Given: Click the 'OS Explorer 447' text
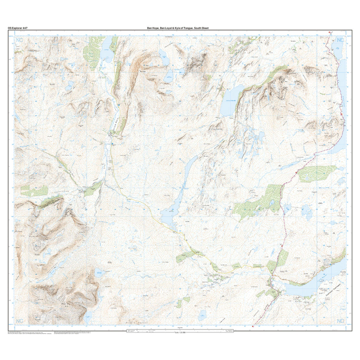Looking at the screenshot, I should (x=18, y=28).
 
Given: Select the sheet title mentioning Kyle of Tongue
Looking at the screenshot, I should (x=178, y=28).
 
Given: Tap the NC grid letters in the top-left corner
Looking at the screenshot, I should (x=19, y=41).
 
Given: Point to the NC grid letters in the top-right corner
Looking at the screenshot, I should (x=340, y=40).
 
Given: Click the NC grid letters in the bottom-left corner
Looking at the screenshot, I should (x=19, y=321).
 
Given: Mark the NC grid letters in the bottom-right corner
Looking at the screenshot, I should (x=340, y=321).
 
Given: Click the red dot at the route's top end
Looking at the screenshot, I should (x=329, y=32).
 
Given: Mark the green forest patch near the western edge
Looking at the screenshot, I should (x=34, y=191).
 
